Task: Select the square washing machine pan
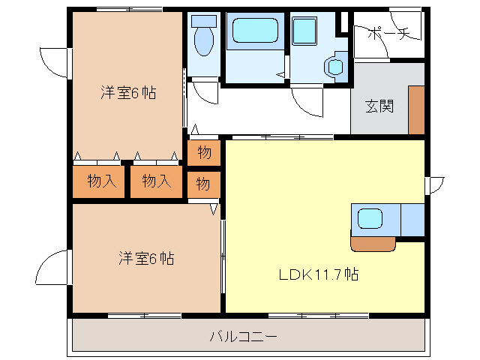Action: tap(304, 31)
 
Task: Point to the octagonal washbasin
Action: tap(334, 66)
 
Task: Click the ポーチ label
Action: tap(387, 34)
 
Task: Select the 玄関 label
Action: tap(379, 106)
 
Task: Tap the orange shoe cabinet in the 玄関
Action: tap(416, 109)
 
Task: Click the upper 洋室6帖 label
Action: tap(128, 93)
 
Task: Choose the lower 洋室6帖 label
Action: tap(145, 259)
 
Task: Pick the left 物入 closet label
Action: tap(100, 181)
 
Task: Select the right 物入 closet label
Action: tap(155, 181)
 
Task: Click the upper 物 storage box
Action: tap(204, 153)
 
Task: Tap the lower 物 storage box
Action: tap(204, 182)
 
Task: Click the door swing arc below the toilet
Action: tap(201, 93)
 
